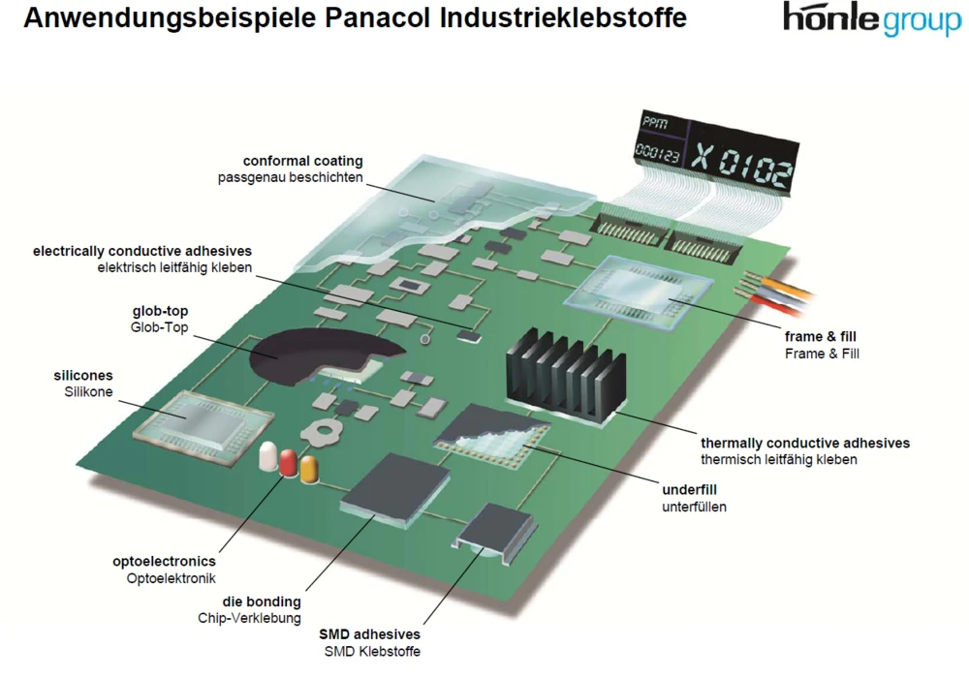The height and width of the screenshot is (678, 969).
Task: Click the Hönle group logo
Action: (x=871, y=19)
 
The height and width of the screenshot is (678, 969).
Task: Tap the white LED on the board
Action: (x=267, y=458)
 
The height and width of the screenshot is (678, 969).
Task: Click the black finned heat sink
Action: (x=561, y=373)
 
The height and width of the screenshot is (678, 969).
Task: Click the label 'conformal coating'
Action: (x=302, y=161)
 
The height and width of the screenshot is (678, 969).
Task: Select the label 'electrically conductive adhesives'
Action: (x=142, y=250)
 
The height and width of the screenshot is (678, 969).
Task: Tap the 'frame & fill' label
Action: (x=821, y=336)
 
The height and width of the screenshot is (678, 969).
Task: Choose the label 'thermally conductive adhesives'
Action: (x=805, y=443)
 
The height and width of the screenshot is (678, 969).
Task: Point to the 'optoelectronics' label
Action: (x=164, y=561)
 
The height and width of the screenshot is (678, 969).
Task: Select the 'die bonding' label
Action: (x=262, y=601)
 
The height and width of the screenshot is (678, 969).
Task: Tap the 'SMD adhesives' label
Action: (x=370, y=633)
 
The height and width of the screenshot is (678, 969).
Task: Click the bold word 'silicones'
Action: (x=83, y=375)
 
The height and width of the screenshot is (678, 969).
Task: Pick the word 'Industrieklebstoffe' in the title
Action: (x=552, y=17)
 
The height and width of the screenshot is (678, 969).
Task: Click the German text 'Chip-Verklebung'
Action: (x=249, y=618)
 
